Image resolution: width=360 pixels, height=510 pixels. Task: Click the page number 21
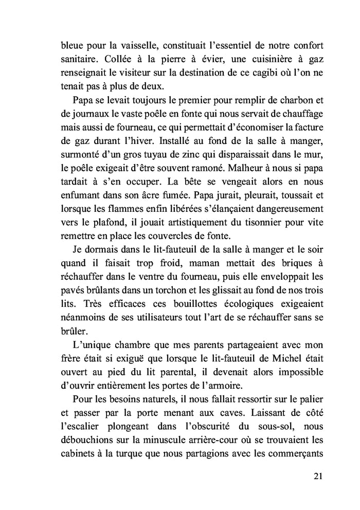click(x=317, y=476)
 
